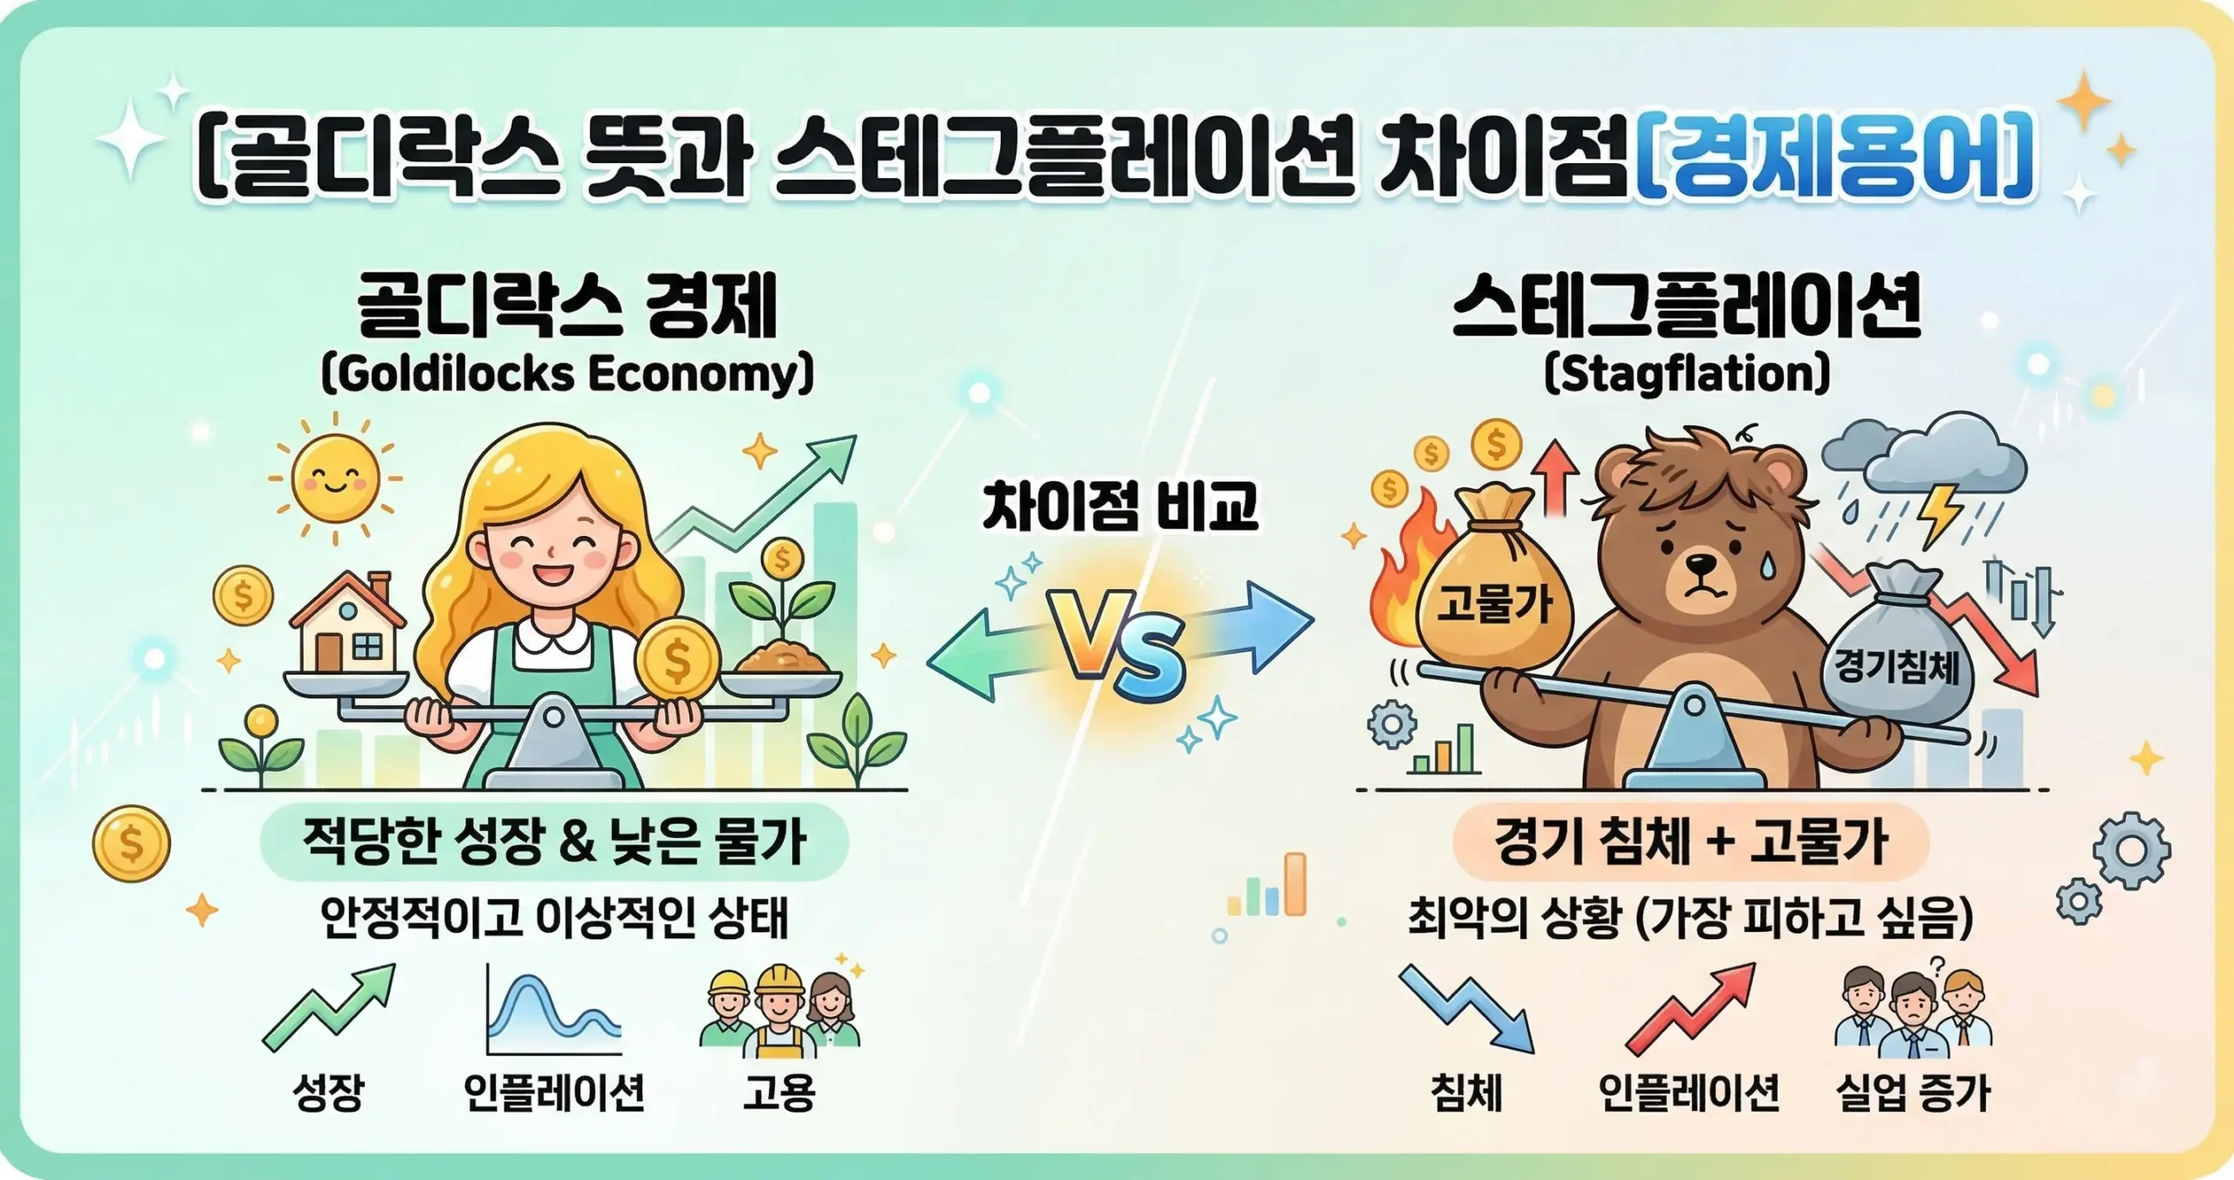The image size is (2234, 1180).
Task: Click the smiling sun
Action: pos(335,478)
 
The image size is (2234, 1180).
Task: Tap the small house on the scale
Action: pos(347,624)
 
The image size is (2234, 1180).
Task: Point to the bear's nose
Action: pos(1700,565)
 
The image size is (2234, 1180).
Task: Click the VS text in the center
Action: pos(1119,646)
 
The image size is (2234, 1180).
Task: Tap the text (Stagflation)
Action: pos(1686,375)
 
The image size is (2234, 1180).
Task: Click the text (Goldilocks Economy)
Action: pos(567,375)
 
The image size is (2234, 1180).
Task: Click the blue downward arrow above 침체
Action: pos(1466,1008)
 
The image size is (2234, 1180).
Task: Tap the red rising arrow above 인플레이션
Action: pos(1689,1008)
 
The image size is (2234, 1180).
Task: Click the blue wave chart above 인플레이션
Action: pos(553,1012)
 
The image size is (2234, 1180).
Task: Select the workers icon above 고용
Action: pos(779,1008)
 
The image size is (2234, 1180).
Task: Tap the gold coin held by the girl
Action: pos(677,659)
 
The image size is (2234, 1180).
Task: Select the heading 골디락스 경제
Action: pos(567,307)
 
